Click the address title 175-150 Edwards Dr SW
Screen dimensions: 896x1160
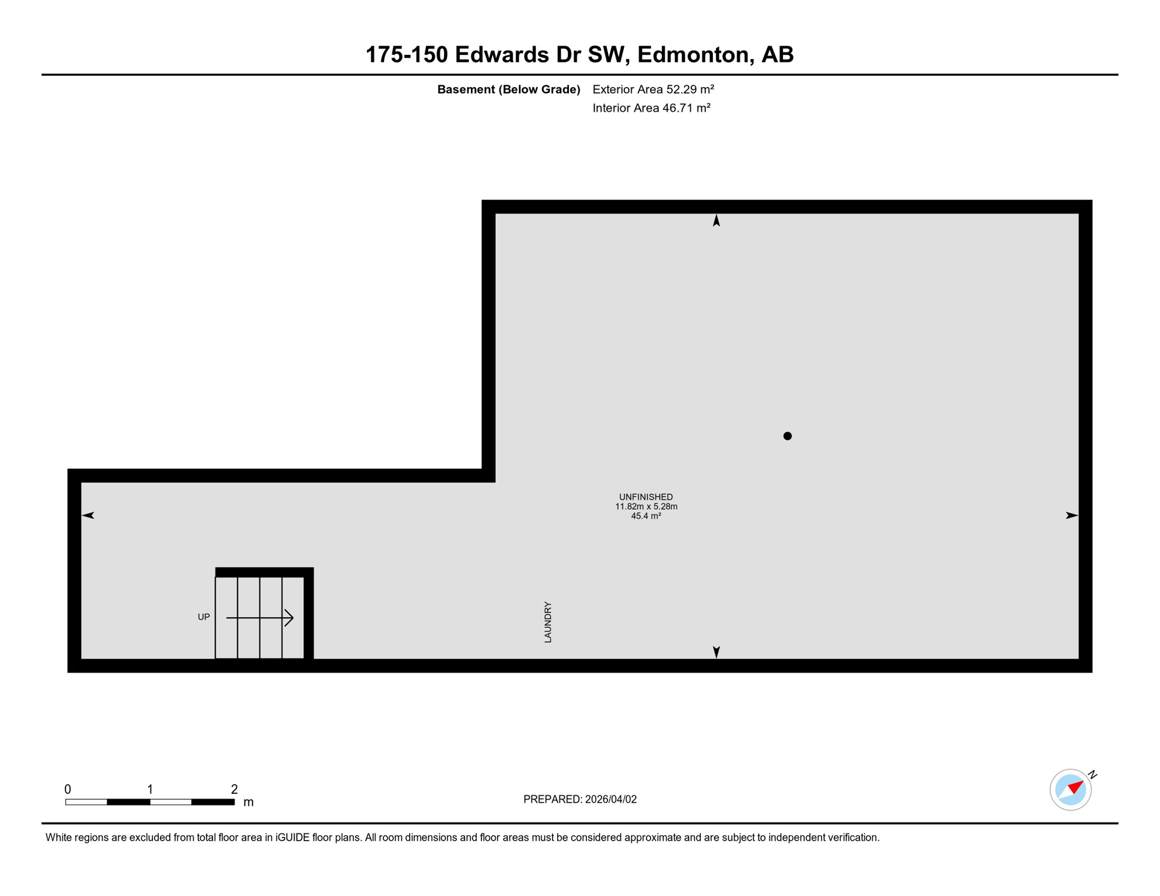point(579,54)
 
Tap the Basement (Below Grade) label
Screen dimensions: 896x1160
point(508,89)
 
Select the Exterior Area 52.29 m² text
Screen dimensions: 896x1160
point(653,89)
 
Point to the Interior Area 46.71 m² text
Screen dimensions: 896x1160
point(651,108)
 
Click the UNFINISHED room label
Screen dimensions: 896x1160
point(645,497)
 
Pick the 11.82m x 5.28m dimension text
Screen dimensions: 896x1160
point(645,506)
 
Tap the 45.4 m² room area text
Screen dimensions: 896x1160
point(645,516)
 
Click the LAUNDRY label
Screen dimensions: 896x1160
point(547,622)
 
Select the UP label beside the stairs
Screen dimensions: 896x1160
point(204,617)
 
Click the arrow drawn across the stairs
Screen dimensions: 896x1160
point(260,617)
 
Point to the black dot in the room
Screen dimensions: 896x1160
point(787,436)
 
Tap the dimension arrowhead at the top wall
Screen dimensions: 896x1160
point(716,220)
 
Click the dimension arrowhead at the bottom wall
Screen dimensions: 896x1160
point(716,652)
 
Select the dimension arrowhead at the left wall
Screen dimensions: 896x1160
point(88,515)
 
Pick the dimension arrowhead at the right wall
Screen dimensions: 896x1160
point(1071,515)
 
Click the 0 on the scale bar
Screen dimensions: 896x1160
point(68,789)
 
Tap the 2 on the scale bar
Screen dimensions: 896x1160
point(234,789)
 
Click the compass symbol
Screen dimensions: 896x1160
point(1071,790)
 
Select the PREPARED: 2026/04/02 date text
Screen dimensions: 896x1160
point(579,799)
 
